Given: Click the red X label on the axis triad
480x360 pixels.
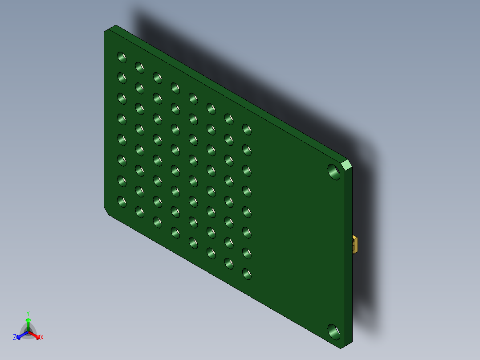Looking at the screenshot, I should (42, 338).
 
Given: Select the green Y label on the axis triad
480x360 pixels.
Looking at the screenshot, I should (28, 313).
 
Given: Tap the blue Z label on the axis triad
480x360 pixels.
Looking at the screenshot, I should (15, 338).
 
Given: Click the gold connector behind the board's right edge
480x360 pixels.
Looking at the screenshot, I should (355, 245).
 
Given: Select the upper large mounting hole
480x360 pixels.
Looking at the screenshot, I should (333, 171).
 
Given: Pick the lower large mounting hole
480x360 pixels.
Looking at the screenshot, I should (333, 331).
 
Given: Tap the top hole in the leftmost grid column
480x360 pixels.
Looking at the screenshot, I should (122, 57).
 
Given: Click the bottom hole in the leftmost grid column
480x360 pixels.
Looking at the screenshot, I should (122, 201).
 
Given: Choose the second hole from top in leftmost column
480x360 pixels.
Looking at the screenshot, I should (122, 77).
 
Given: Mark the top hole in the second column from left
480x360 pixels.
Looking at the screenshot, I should (139, 67).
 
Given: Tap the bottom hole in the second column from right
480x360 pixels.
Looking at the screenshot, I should (228, 263).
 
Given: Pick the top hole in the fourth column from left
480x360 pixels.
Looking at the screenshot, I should (175, 88).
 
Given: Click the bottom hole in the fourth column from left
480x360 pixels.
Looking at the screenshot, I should (175, 232).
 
